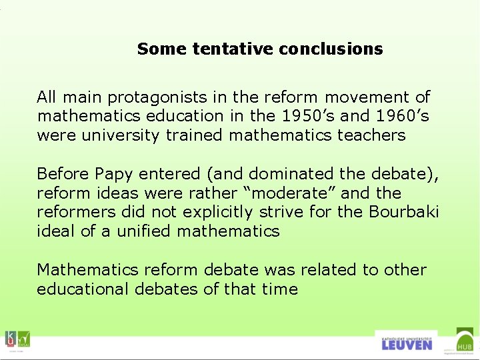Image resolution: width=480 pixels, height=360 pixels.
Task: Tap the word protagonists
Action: tap(157, 97)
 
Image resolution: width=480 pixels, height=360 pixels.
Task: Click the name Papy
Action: tap(115, 174)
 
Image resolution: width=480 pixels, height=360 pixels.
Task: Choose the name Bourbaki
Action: tap(407, 213)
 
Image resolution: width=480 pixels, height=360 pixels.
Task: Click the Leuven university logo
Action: tap(406, 342)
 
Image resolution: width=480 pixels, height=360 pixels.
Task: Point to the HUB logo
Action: tap(465, 341)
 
